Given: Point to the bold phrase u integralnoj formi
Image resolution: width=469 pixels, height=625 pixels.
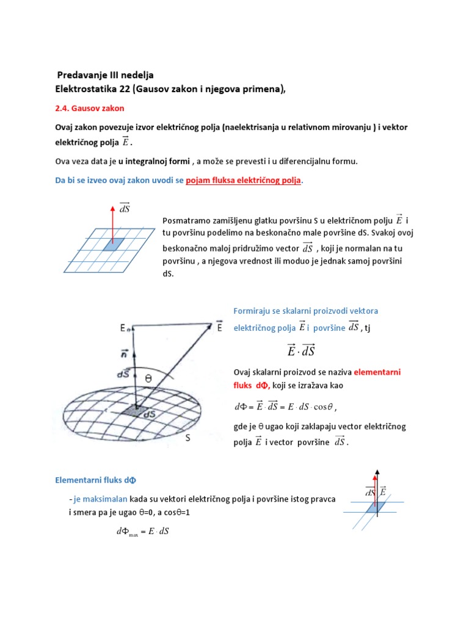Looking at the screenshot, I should click(155, 161).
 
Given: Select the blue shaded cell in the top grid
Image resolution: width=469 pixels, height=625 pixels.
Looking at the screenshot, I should click(113, 244).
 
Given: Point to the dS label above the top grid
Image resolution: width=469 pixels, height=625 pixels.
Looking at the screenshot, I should click(124, 209).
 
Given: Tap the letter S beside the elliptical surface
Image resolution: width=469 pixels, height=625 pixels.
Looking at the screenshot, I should click(187, 438).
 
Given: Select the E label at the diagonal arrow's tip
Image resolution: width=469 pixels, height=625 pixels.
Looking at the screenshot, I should click(219, 328).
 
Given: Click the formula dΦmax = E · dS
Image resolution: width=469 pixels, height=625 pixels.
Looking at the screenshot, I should click(142, 532).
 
